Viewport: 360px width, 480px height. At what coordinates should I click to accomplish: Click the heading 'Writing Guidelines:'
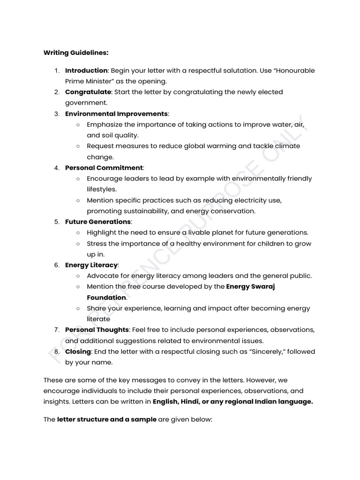point(76,52)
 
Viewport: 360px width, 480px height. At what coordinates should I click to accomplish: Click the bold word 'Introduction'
point(86,70)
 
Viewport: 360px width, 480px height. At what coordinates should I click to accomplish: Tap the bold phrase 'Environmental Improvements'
point(116,113)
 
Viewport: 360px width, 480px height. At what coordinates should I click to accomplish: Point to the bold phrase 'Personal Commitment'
point(104,167)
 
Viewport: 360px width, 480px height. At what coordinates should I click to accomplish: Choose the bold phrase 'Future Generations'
point(98,221)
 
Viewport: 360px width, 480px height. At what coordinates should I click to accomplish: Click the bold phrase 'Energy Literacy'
point(91,265)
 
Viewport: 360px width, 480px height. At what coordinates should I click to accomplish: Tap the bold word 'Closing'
point(78,352)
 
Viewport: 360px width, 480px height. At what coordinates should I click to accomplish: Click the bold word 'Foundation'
point(106,298)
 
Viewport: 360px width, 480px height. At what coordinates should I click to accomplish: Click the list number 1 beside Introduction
point(56,70)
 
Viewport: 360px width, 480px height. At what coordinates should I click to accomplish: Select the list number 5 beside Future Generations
point(56,221)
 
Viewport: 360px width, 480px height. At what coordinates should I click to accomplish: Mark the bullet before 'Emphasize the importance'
point(78,125)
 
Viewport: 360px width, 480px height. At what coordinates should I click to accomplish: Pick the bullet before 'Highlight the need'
point(78,232)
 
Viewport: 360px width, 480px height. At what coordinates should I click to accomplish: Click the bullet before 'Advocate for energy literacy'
point(78,276)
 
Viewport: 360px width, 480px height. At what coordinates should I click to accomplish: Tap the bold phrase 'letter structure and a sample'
point(106,420)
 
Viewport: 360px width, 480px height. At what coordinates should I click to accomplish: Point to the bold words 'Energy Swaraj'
point(250,286)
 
